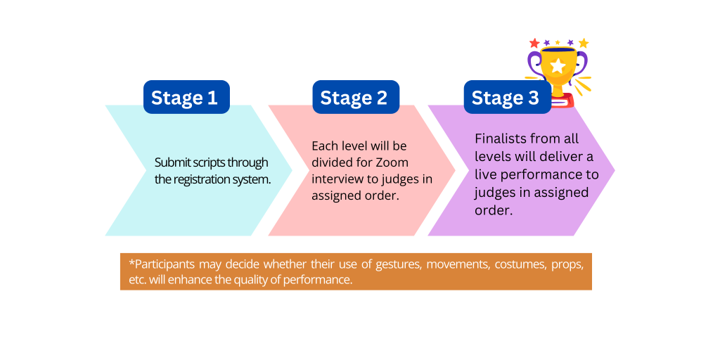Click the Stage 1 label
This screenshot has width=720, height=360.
click(186, 97)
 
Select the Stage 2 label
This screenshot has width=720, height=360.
click(356, 97)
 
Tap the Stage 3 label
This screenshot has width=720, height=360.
click(508, 97)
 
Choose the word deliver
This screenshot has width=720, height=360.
click(557, 157)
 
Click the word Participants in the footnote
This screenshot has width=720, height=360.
click(165, 264)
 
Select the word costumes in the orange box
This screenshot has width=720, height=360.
click(513, 265)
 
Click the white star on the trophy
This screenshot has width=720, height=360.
click(558, 66)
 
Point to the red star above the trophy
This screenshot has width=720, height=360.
click(534, 43)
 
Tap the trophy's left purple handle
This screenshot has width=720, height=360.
click(534, 64)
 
